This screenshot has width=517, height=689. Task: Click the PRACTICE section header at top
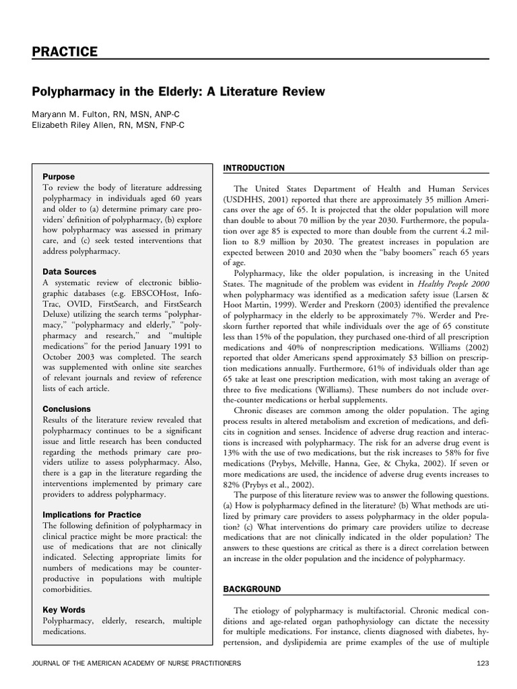pos(65,52)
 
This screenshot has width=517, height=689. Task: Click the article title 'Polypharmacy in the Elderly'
pos(178,91)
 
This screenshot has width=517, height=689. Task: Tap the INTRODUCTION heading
pos(253,168)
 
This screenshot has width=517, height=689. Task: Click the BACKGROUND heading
pos(251,589)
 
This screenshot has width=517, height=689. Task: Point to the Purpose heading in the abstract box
pos(59,176)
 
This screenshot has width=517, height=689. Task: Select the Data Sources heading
pos(69,272)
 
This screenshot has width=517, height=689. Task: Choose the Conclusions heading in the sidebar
pos(67,408)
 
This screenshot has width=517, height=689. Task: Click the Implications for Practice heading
pos(92,515)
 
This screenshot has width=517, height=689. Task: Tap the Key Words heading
pos(65,610)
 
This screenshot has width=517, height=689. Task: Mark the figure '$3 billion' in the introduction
pos(399,360)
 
